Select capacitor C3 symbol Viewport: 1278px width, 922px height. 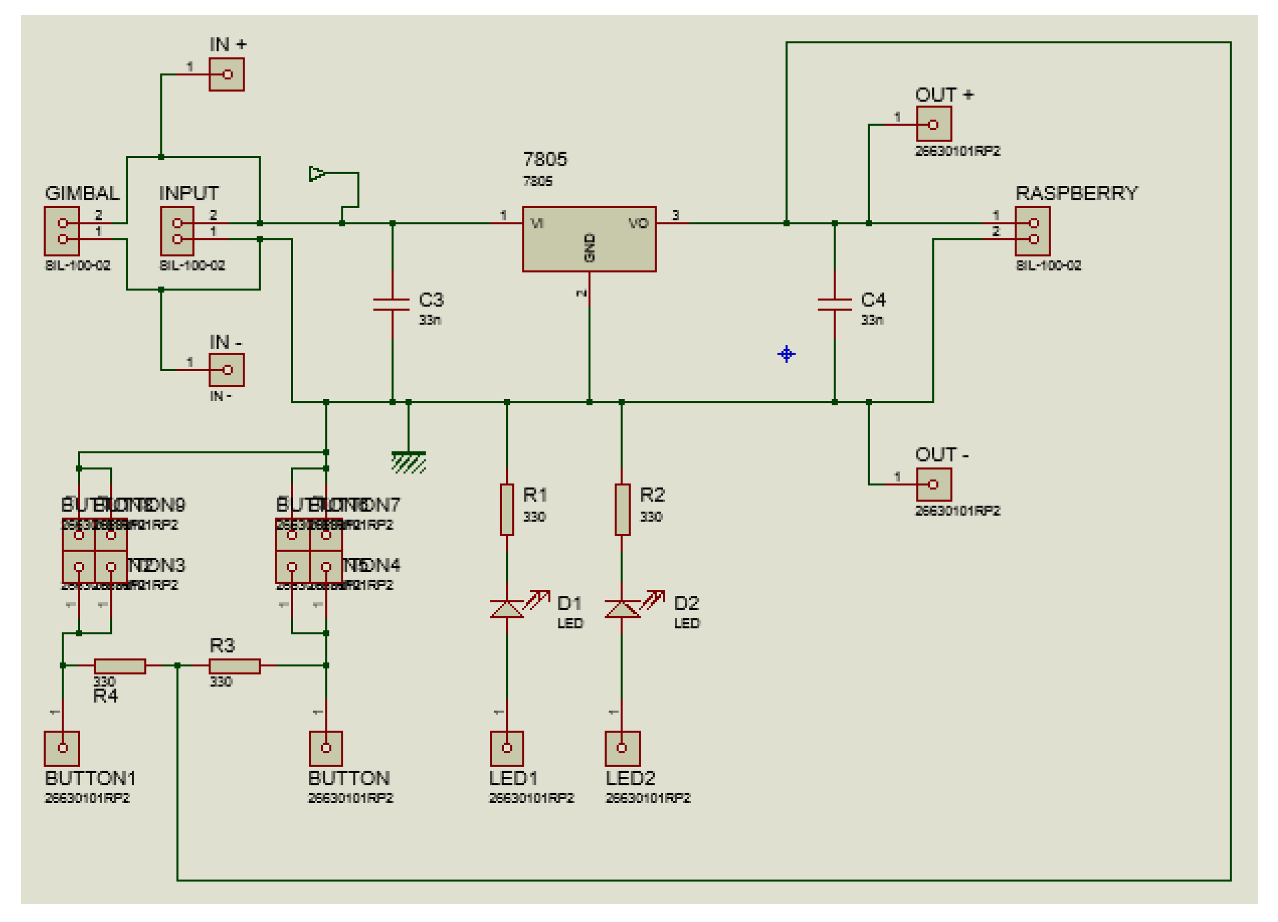392,305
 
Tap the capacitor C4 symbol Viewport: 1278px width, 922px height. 834,305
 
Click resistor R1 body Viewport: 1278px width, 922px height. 507,510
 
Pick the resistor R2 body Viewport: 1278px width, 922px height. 621,510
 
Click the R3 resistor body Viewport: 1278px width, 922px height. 234,666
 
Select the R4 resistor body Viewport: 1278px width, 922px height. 119,666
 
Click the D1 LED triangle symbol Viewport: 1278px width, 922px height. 507,609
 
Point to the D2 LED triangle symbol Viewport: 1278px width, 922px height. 621,609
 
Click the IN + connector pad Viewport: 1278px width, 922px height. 226,74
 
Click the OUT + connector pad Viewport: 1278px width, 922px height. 934,124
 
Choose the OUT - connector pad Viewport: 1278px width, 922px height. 934,484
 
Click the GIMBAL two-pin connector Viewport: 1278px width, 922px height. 62,231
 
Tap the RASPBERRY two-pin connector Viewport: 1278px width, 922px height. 1032,231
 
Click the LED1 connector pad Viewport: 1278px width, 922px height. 507,748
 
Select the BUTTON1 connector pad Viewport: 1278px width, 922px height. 62,748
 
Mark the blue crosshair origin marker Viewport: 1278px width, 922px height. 786,354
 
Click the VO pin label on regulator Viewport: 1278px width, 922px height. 638,224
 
